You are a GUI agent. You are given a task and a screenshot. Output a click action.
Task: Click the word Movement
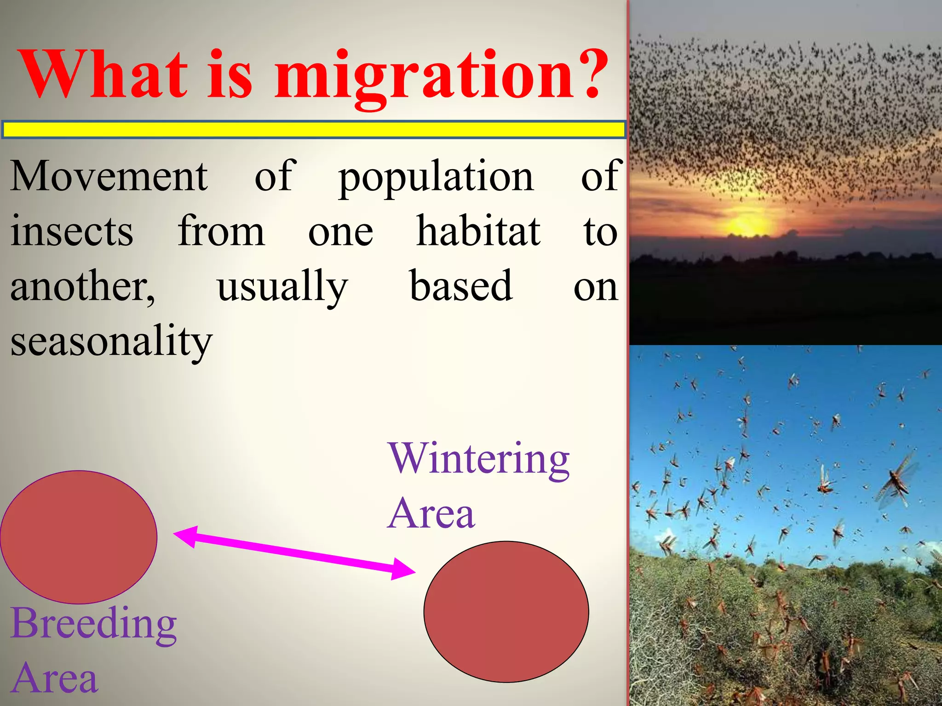109,176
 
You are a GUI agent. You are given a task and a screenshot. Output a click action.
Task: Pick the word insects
72,232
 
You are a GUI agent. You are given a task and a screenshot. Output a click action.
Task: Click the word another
83,287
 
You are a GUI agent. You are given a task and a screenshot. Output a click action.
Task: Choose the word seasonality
111,343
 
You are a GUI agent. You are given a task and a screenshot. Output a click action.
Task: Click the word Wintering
479,460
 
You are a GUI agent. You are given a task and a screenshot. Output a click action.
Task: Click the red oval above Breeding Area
79,537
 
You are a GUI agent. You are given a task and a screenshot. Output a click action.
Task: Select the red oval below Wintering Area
506,611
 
